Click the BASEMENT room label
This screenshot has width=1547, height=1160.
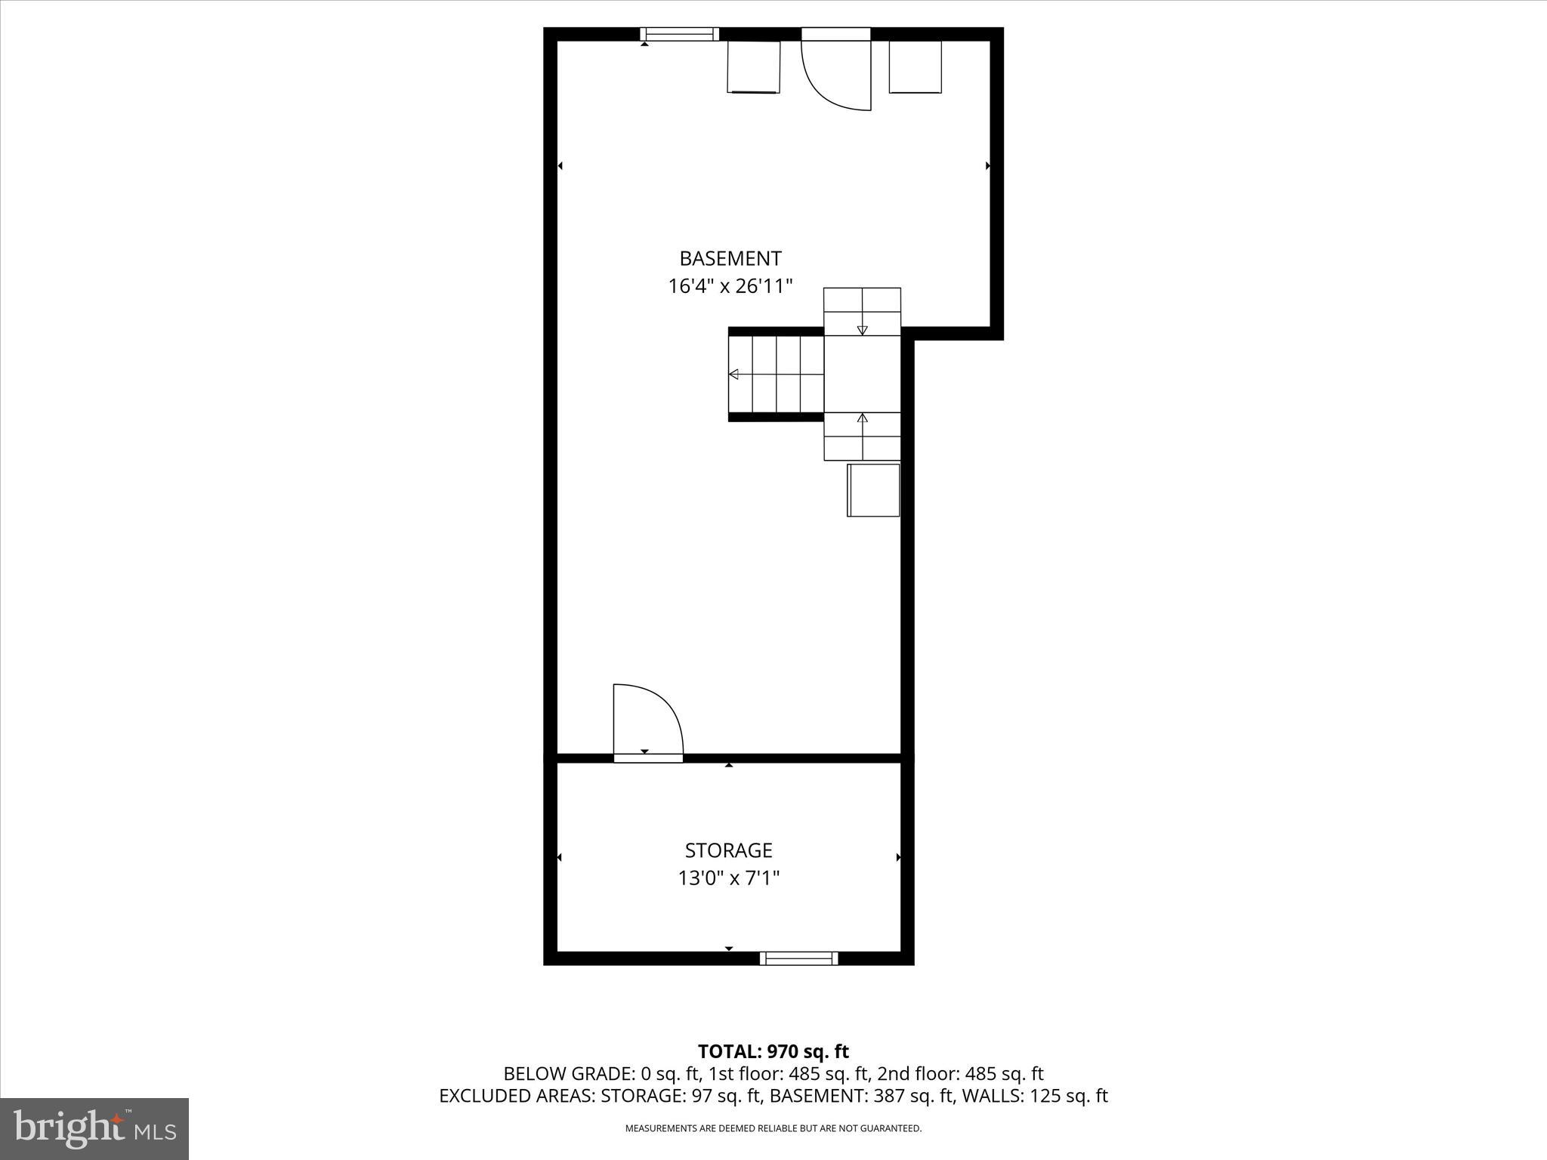click(730, 259)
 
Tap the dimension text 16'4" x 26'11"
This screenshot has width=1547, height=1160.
click(730, 287)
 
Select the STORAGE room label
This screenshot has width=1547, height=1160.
click(728, 850)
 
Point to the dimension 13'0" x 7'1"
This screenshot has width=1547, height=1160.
click(728, 878)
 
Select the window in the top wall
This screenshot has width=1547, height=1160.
click(679, 34)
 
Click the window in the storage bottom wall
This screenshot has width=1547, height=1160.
click(798, 958)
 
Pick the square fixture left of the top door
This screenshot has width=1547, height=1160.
click(753, 67)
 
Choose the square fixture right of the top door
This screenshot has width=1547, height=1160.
click(915, 67)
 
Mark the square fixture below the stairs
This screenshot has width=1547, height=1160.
click(873, 490)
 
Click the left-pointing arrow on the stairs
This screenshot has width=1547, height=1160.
click(733, 374)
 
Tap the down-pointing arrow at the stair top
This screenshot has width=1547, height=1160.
click(862, 330)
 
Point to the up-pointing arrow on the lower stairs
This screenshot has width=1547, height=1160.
click(862, 418)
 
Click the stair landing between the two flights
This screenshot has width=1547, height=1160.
click(862, 374)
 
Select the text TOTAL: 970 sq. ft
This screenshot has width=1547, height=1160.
click(773, 1051)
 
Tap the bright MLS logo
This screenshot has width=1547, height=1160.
click(94, 1128)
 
